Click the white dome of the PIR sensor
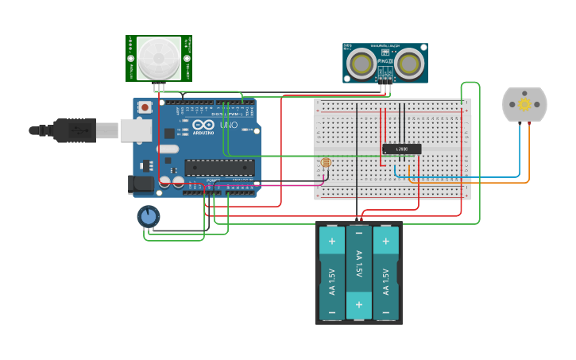coord(158,56)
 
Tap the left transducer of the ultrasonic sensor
coord(362,63)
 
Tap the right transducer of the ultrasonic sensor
coord(408,63)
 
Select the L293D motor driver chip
coord(401,149)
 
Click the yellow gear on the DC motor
coord(524,104)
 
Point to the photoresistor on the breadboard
coord(325,163)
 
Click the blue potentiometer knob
coord(148,216)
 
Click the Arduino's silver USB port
coord(136,130)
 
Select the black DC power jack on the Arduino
coord(141,184)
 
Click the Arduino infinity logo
coord(203,126)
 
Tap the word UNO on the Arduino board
coord(228,126)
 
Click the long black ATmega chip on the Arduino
coord(220,167)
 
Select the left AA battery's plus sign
coord(331,240)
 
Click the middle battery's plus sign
coord(359,304)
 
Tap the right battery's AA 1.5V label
coord(386,281)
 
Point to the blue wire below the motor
coord(520,151)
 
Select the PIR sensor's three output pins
coord(160,87)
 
